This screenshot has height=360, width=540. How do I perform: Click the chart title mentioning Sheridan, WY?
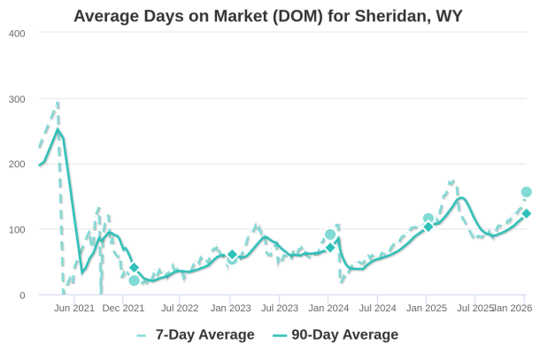tap(268, 16)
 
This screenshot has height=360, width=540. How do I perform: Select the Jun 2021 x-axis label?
tap(74, 309)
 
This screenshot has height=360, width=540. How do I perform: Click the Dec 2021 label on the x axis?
tap(124, 309)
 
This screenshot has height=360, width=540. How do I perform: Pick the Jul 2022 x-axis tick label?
tap(181, 309)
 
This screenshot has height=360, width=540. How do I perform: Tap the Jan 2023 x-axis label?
tap(230, 309)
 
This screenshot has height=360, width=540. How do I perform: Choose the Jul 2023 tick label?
tap(280, 309)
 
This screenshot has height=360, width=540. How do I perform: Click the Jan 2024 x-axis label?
tap(329, 309)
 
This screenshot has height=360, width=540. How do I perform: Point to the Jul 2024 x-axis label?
tap(379, 309)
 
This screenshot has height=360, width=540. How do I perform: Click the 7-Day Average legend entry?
tap(196, 334)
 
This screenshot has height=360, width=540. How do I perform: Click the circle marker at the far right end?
tap(527, 192)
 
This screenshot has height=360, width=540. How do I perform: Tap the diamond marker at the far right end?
tap(527, 213)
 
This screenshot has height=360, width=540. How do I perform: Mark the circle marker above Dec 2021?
tap(134, 280)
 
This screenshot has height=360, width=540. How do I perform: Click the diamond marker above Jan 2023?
tap(232, 255)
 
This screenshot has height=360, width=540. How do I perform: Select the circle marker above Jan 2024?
tap(330, 234)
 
